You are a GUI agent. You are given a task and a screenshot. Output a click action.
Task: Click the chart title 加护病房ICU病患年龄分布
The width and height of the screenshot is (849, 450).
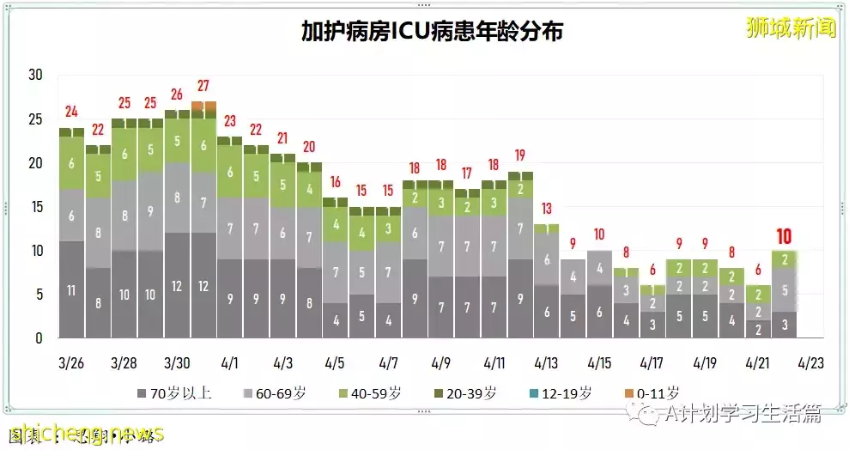[432, 32]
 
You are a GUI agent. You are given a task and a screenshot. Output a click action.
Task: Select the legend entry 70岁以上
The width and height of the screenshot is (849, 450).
[175, 394]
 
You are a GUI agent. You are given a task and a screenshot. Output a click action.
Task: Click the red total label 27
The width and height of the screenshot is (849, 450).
[203, 86]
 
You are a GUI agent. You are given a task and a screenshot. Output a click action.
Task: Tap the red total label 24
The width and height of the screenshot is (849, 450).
[71, 112]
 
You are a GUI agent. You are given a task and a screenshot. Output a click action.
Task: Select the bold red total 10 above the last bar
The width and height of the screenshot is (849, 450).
[784, 235]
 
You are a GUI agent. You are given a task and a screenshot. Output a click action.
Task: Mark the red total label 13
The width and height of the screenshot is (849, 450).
[547, 209]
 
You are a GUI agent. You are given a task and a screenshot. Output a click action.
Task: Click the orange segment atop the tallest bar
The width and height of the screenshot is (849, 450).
[203, 106]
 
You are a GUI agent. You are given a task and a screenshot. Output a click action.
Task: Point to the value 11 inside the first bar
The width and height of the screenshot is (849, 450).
[71, 291]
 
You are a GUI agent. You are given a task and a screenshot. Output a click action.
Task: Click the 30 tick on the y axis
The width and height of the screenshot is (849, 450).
[35, 75]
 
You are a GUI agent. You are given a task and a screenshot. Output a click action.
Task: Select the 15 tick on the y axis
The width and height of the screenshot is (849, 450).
[35, 207]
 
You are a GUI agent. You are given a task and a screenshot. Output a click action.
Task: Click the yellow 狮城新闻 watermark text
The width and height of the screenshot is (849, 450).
[790, 28]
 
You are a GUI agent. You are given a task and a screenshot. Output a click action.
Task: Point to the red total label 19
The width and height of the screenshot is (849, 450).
[520, 156]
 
